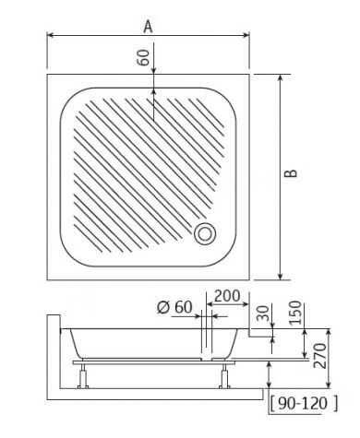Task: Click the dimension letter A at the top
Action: pyautogui.click(x=148, y=27)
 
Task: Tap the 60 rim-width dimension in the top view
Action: pyautogui.click(x=143, y=57)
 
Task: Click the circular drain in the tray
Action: pyautogui.click(x=205, y=234)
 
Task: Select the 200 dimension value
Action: pyautogui.click(x=227, y=296)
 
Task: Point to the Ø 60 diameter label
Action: pyautogui.click(x=174, y=307)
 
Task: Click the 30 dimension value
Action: pyautogui.click(x=263, y=313)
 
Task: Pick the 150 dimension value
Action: pyautogui.click(x=295, y=313)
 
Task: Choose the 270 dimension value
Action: pyautogui.click(x=319, y=355)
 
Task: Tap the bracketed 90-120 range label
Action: pyautogui.click(x=304, y=403)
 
